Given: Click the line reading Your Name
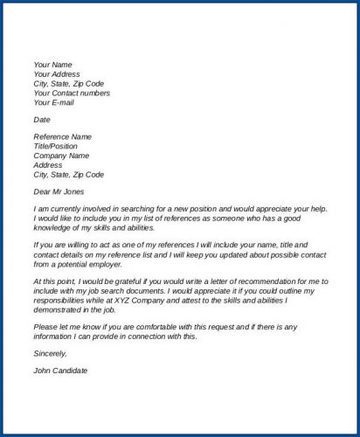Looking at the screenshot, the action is pos(52,65).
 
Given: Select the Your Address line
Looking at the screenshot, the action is pos(58,74).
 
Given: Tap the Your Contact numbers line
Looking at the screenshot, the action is pos(72,93).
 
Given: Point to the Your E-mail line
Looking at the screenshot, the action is pos(54,102).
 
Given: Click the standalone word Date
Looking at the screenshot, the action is pos(42,119).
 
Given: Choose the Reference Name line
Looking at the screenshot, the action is pos(64,136).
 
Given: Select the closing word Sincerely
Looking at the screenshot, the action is pos(50,353).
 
